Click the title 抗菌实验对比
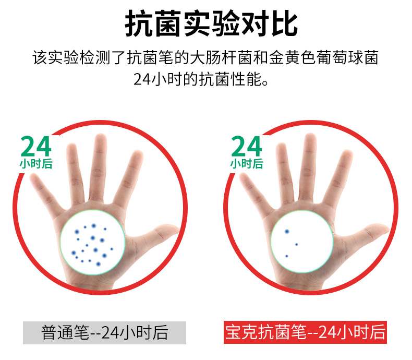(211, 23)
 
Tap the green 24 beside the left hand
(36, 146)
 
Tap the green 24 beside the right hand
(247, 146)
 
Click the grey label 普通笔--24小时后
(105, 332)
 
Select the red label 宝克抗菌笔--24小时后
(305, 332)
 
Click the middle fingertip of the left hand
(101, 139)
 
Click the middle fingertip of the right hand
(310, 139)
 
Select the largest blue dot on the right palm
(287, 232)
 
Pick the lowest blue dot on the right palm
(287, 256)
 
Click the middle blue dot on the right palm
(296, 244)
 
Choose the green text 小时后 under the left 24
(36, 163)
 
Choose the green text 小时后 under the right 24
(247, 163)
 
